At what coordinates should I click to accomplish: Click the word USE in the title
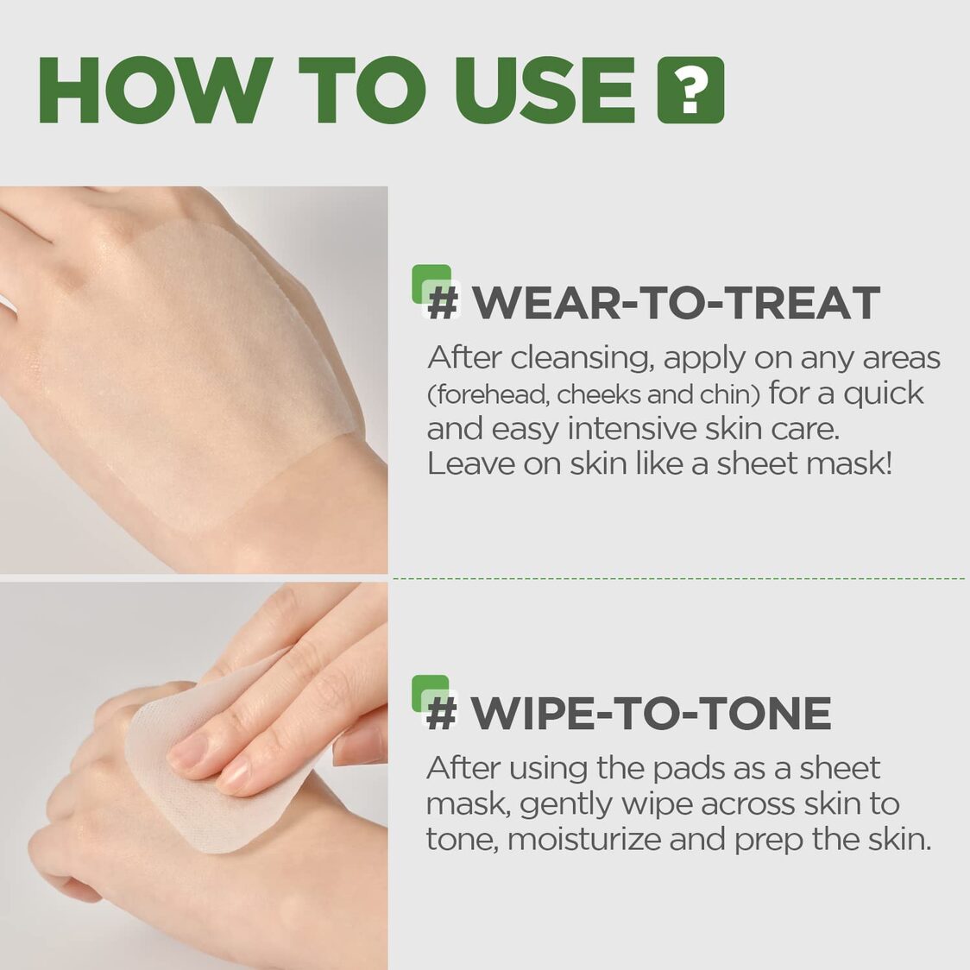pos(545,91)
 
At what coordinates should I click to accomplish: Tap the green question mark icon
pos(690,91)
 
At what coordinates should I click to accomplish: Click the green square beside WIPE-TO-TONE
pos(431,693)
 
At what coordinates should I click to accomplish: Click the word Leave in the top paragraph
pos(470,463)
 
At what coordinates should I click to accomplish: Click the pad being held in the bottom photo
pos(216,803)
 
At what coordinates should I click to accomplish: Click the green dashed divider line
pos(678,578)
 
